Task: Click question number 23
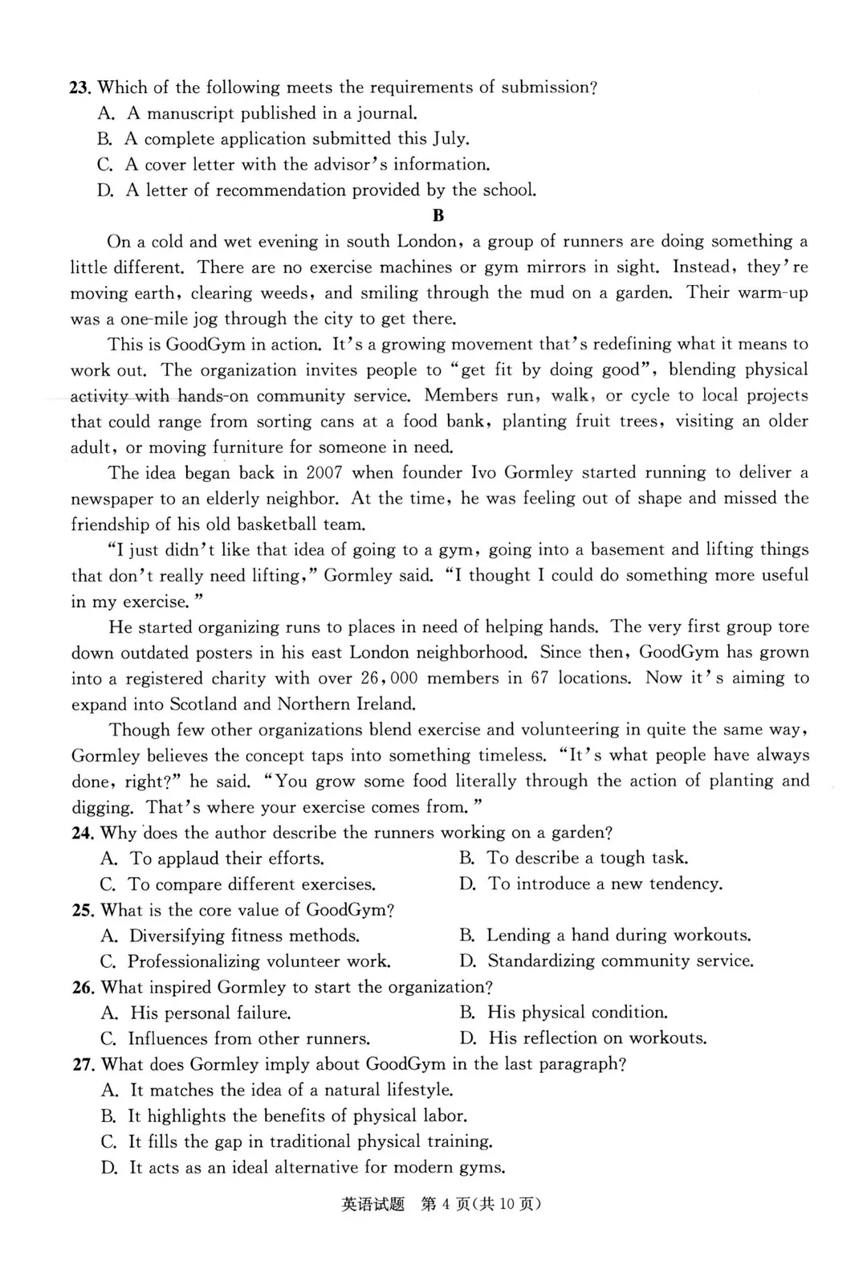point(80,88)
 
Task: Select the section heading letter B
point(438,215)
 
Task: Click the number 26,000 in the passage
point(389,678)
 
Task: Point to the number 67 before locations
point(539,678)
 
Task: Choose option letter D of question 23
point(106,190)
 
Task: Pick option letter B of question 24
point(467,859)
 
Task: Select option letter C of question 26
point(108,1039)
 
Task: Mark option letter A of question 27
point(109,1090)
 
